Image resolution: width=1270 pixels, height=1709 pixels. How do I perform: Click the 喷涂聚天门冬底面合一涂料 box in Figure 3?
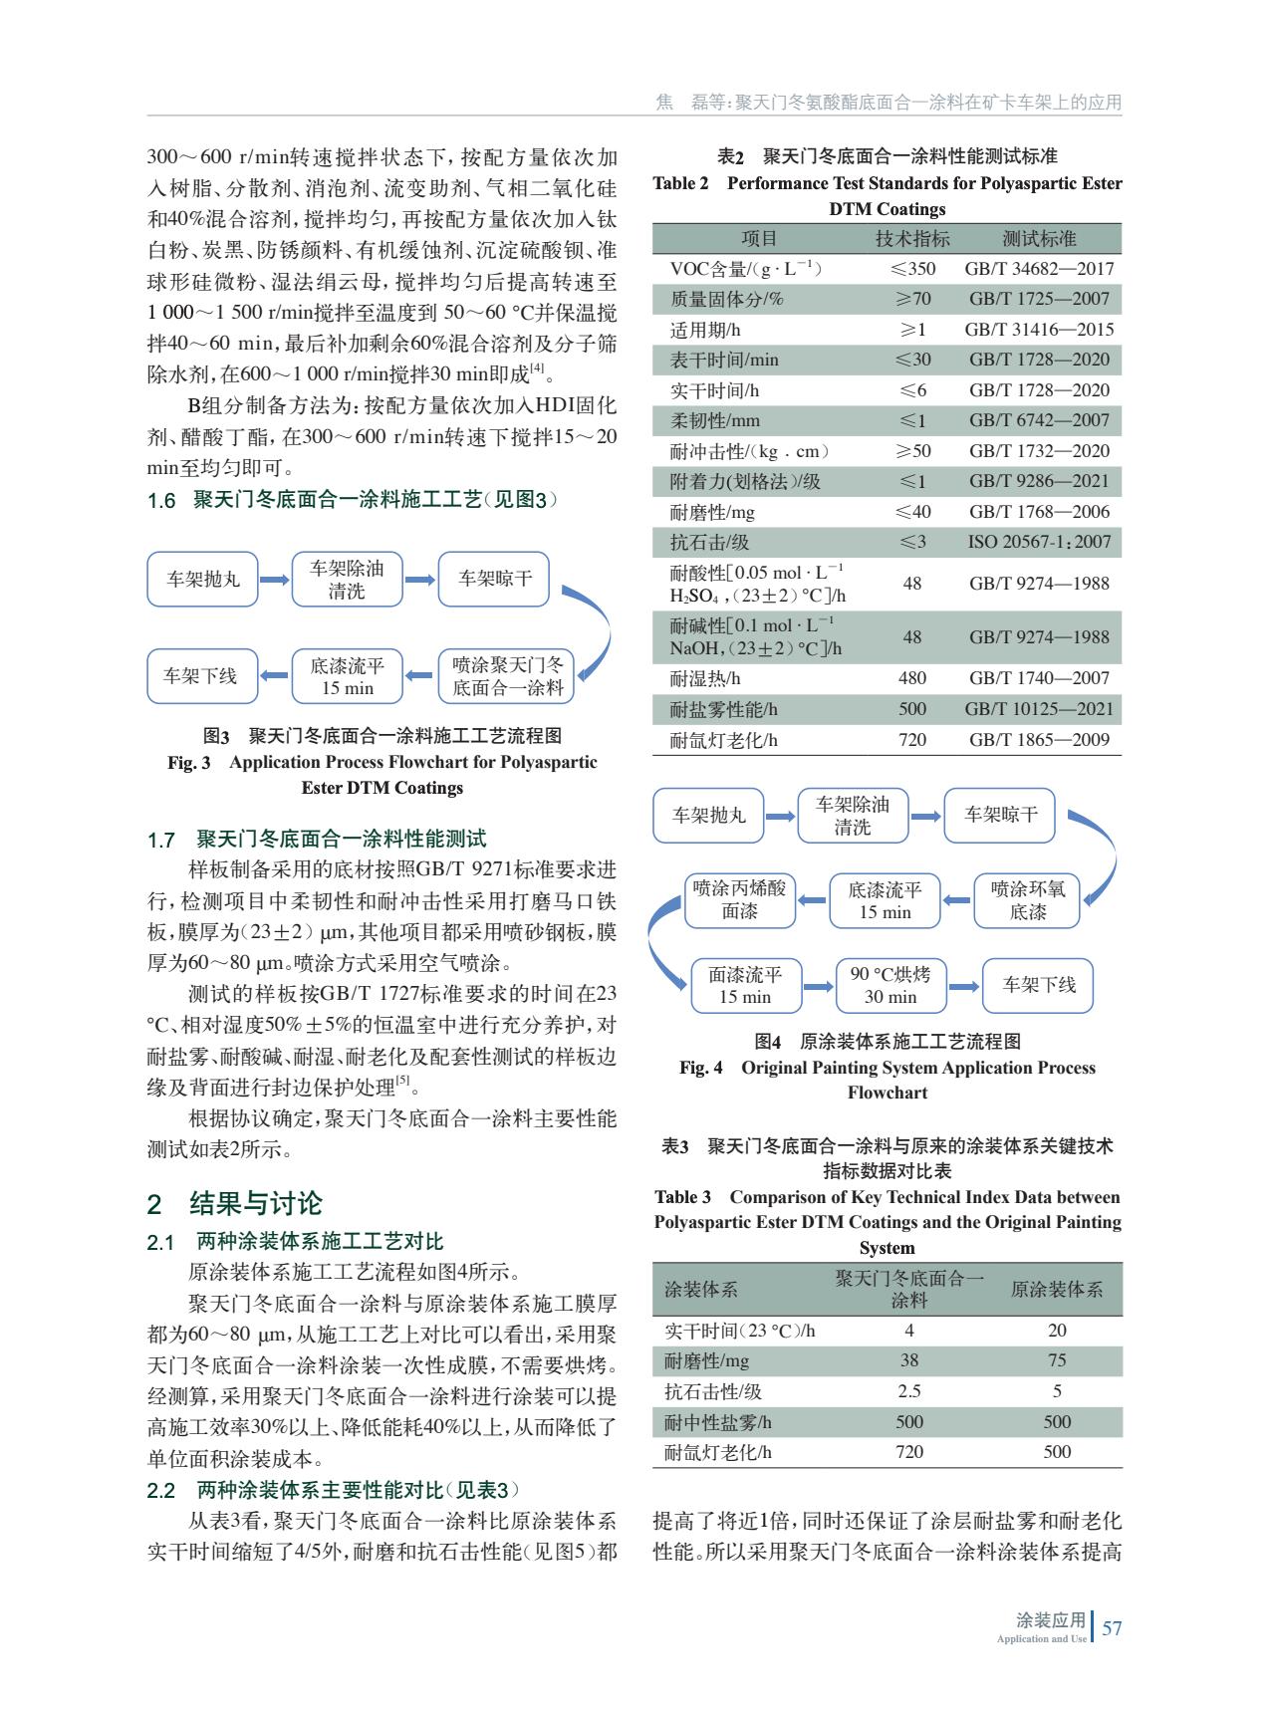coord(507,675)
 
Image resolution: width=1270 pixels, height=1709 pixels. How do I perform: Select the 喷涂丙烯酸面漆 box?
coord(739,899)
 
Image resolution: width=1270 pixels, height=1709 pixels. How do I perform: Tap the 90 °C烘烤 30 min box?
coord(889,985)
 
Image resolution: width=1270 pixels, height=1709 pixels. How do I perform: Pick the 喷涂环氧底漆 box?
coord(1027,899)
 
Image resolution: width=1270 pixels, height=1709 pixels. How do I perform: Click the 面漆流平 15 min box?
coord(744,985)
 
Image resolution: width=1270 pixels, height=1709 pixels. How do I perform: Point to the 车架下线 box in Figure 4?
coord(1038,985)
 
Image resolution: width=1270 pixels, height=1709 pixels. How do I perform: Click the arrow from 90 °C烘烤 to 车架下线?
coord(962,986)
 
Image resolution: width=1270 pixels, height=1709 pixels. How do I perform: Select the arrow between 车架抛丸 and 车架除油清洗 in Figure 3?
coord(274,580)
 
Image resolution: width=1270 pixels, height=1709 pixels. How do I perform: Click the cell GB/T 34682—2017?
coord(1039,269)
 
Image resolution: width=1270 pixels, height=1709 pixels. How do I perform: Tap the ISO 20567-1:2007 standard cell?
coord(1039,542)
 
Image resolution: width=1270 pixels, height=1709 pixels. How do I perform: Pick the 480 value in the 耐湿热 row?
coord(911,678)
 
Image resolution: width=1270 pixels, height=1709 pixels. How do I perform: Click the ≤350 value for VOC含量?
coord(911,269)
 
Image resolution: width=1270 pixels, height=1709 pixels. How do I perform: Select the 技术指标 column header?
coord(911,239)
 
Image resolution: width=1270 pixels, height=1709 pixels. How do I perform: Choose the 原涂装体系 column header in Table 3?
coord(1057,1290)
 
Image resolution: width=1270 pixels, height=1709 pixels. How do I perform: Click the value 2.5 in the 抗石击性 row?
coord(908,1391)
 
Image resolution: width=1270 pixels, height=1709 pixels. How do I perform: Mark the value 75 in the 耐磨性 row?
coord(1057,1360)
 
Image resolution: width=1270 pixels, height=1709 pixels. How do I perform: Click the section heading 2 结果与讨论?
coord(235,1203)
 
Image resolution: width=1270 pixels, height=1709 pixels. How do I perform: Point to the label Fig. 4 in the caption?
coord(701,1068)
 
